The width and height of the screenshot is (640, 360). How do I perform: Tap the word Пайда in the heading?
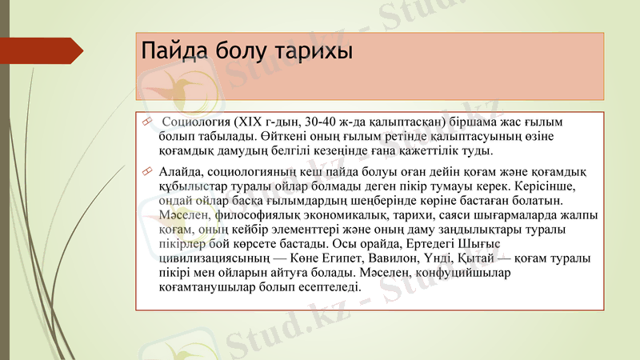coord(172,51)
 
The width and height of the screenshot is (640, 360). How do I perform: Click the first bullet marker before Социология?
coord(146,122)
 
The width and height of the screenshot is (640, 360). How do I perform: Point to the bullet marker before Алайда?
coord(146,171)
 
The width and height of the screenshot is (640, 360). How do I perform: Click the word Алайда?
coord(182,171)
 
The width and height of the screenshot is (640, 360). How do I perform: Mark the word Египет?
coord(340,259)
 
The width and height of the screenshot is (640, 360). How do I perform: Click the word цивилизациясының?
coord(215,259)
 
